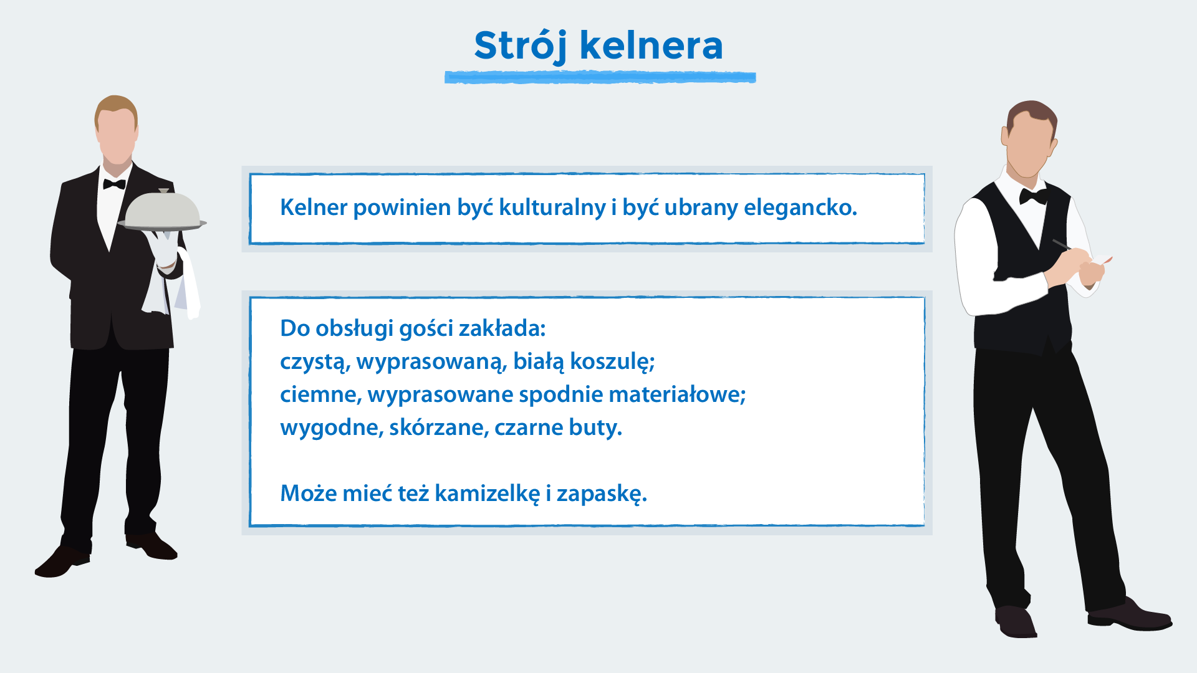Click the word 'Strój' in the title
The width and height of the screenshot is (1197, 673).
click(x=519, y=46)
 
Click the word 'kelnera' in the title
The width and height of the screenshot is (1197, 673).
click(x=651, y=46)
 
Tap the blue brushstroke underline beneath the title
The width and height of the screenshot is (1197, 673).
click(x=600, y=77)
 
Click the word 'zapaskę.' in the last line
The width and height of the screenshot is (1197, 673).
click(x=602, y=494)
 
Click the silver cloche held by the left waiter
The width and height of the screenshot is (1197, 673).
click(x=162, y=211)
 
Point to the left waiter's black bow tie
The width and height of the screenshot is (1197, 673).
click(x=114, y=184)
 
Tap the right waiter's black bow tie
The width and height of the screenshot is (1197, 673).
click(x=1032, y=197)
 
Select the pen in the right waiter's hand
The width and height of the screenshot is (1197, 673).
click(x=1061, y=244)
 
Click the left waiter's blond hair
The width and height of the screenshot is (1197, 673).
click(x=116, y=105)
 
